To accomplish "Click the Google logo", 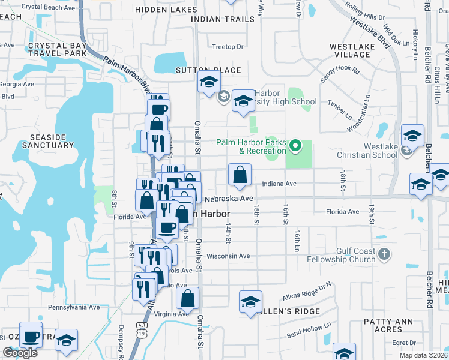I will coord(20,353).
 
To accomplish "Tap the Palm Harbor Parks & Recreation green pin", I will coord(295,146).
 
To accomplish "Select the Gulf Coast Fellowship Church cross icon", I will coord(385,255).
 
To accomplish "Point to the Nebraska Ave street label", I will coord(229,198).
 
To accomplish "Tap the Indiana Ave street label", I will coord(279,184).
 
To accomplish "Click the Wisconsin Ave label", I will coord(228,256).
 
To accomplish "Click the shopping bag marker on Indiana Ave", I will coord(240,175).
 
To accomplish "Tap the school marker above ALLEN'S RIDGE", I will coord(251,301).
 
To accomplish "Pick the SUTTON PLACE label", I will coord(208,70).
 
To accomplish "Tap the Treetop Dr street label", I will coord(228,47).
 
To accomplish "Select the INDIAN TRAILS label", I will coord(223,19).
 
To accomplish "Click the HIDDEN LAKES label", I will coord(166,10).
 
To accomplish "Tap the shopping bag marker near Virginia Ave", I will coord(187,298).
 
